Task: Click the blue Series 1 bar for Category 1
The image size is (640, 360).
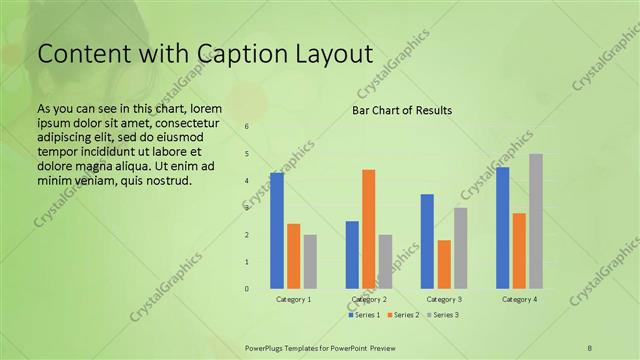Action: pyautogui.click(x=277, y=231)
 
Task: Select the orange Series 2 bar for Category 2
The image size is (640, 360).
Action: pyautogui.click(x=369, y=229)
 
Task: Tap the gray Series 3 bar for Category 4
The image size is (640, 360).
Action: pyautogui.click(x=536, y=221)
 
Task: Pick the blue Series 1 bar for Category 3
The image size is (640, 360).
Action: pyautogui.click(x=427, y=241)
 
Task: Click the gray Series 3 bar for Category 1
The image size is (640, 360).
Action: pyautogui.click(x=310, y=262)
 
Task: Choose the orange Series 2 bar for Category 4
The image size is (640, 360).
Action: pyautogui.click(x=519, y=251)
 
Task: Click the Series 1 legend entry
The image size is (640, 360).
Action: pyautogui.click(x=363, y=315)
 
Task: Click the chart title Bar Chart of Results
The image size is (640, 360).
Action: pyautogui.click(x=402, y=110)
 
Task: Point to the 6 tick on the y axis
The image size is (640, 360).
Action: pyautogui.click(x=246, y=127)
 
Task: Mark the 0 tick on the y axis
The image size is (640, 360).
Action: pyautogui.click(x=246, y=289)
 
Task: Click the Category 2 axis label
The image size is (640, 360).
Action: pyautogui.click(x=369, y=299)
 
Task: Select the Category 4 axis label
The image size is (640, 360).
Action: pyautogui.click(x=519, y=299)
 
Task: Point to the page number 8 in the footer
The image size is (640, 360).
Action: pyautogui.click(x=591, y=347)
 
